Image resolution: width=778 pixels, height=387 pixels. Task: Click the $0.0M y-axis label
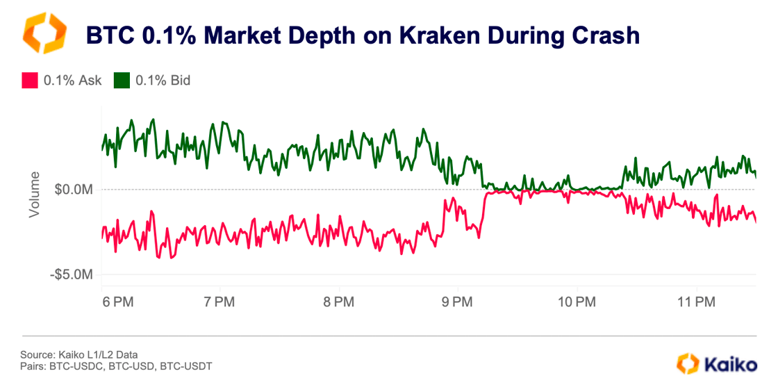point(73,190)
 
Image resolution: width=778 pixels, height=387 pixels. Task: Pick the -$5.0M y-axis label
point(71,275)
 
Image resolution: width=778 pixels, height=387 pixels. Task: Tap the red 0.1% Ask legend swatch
point(29,81)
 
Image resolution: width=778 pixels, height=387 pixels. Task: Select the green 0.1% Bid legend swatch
point(122,81)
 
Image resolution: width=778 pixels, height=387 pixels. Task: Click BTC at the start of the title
point(110,35)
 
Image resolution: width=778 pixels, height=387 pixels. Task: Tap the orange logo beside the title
point(45,33)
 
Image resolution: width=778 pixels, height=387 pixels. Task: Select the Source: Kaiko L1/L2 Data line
point(74,355)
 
